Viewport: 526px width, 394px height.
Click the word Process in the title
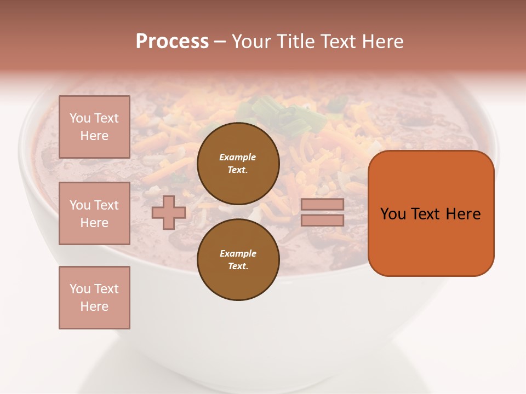pyautogui.click(x=172, y=42)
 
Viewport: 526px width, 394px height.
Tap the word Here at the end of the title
pyautogui.click(x=382, y=42)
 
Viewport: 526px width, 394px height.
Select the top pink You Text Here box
pyautogui.click(x=94, y=127)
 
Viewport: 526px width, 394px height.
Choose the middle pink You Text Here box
pyautogui.click(x=94, y=213)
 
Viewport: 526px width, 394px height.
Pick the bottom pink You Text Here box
pyautogui.click(x=94, y=298)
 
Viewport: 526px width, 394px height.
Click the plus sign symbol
pyautogui.click(x=169, y=212)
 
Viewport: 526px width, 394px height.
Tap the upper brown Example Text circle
pyautogui.click(x=238, y=164)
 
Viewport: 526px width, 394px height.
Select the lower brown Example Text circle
pyautogui.click(x=238, y=260)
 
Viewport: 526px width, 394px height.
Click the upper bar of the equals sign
pyautogui.click(x=323, y=205)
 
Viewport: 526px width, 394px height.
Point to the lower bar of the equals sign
pyautogui.click(x=323, y=220)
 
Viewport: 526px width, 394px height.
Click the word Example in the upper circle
pyautogui.click(x=237, y=157)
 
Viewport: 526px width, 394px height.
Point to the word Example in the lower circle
pyautogui.click(x=237, y=253)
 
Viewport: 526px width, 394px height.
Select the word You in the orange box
pyautogui.click(x=393, y=214)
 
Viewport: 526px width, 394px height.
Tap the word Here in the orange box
pyautogui.click(x=463, y=214)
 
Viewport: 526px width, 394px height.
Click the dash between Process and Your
pyautogui.click(x=220, y=42)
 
